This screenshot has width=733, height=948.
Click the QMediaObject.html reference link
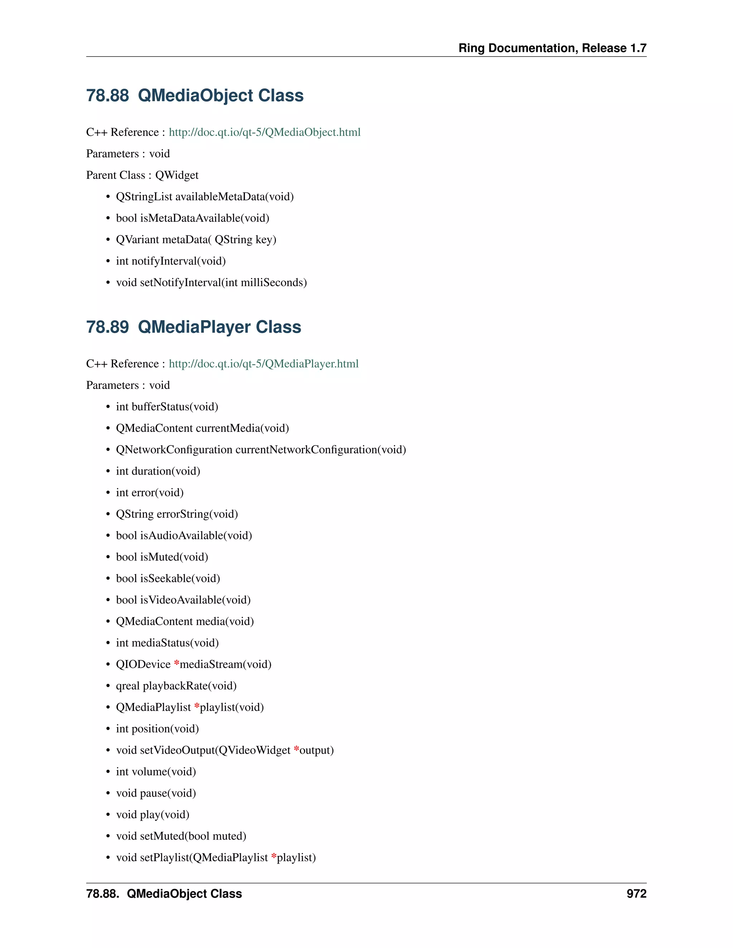(264, 132)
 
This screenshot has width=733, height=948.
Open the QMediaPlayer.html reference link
(263, 364)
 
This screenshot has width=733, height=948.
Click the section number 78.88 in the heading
(107, 96)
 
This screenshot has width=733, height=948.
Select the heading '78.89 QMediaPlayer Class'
(193, 327)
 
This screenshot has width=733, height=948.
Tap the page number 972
(636, 894)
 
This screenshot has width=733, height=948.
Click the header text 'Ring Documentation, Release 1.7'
(552, 48)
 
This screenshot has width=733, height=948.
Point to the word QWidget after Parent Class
(177, 175)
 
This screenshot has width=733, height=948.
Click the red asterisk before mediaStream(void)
(176, 663)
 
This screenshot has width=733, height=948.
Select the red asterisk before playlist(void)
(197, 706)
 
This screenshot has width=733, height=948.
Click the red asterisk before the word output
(296, 749)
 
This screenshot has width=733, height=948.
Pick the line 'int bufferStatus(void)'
(167, 407)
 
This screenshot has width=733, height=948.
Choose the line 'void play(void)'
(152, 815)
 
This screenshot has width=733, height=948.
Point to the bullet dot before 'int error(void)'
(108, 493)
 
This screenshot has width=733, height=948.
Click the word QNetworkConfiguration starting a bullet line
(174, 450)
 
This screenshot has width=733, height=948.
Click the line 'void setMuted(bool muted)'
(181, 836)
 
